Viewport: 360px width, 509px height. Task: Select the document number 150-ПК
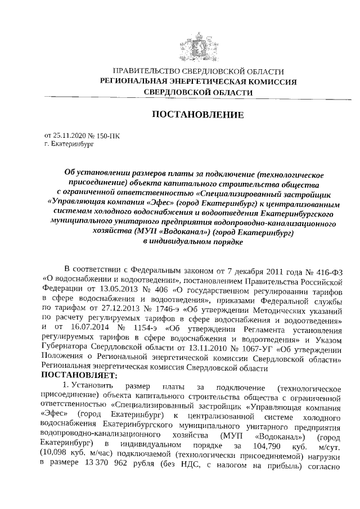(107, 136)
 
